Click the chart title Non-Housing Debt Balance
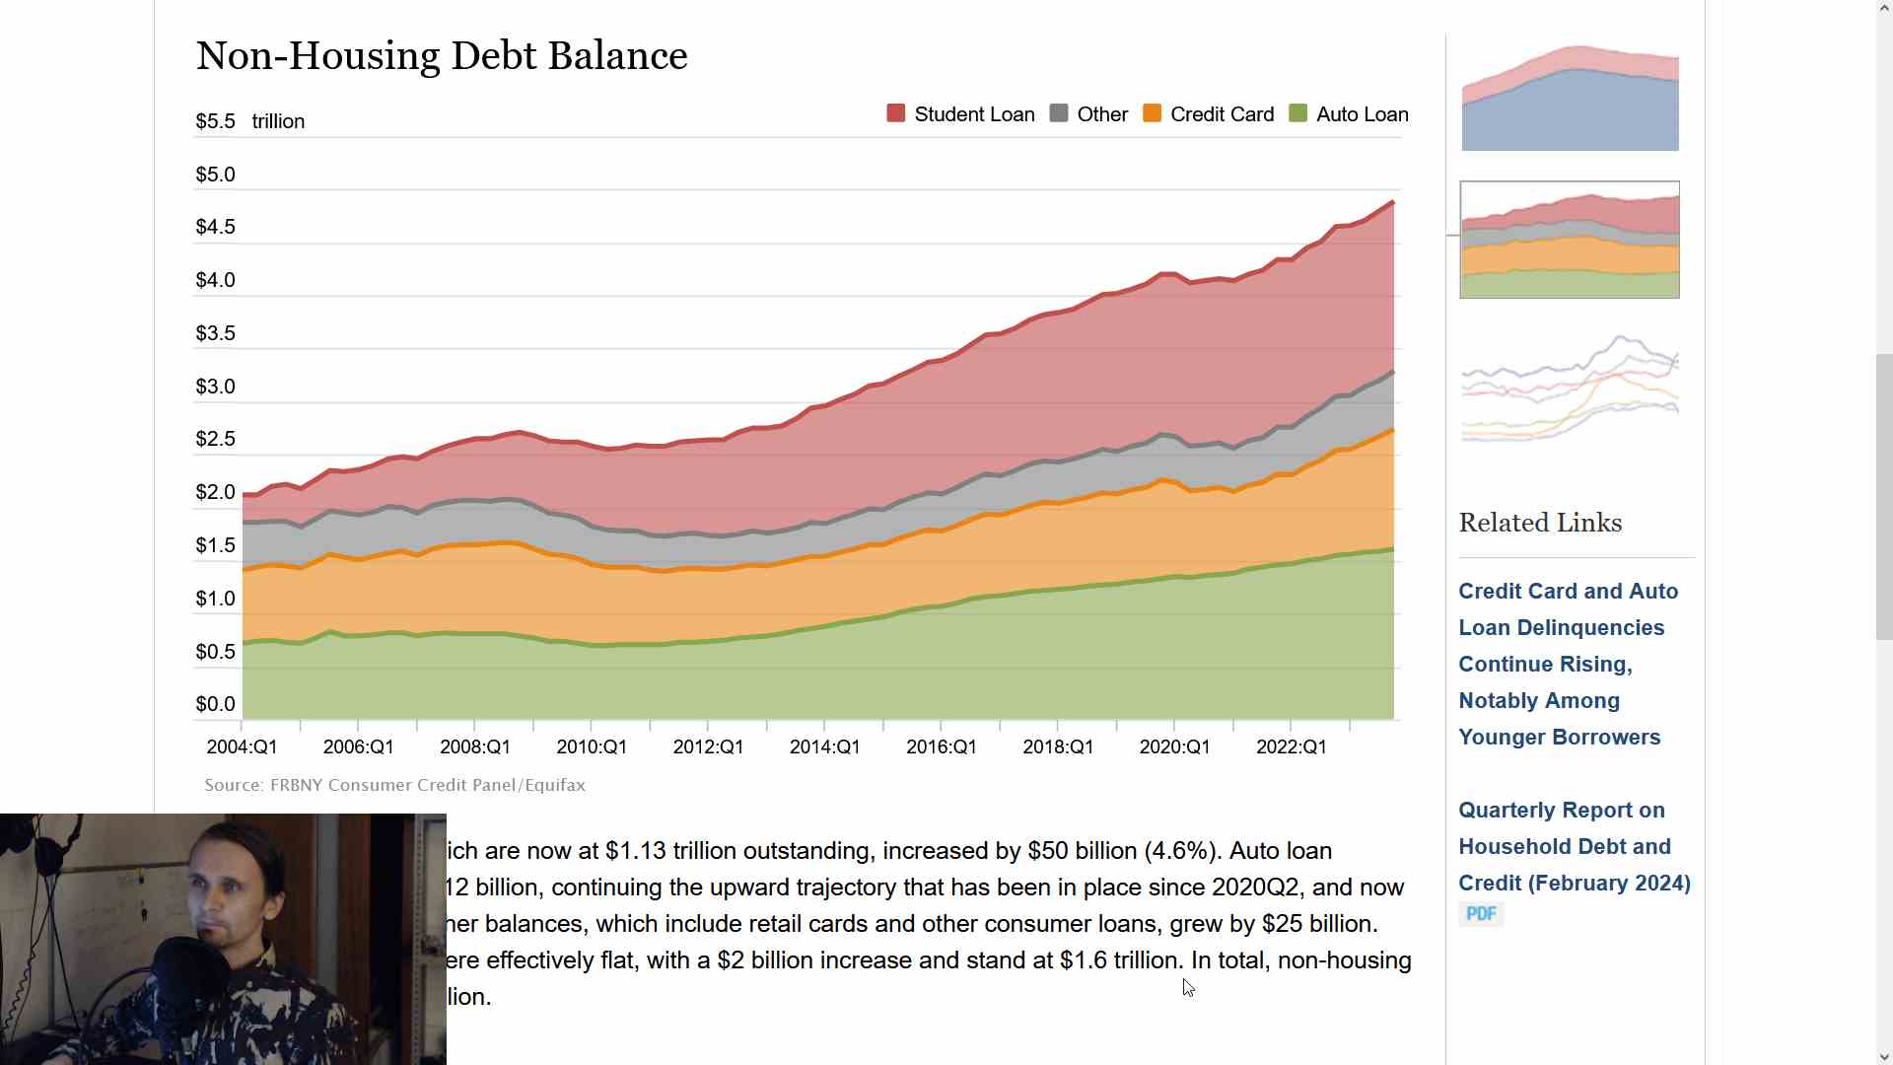(442, 56)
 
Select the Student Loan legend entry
(960, 114)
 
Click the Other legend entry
(1088, 114)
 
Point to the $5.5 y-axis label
(215, 121)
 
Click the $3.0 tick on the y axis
(215, 387)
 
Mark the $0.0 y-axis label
(215, 704)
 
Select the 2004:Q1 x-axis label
(242, 747)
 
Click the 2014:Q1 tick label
(824, 747)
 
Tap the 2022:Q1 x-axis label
(1291, 747)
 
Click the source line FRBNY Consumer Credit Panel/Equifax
(394, 785)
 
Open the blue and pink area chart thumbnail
(1570, 98)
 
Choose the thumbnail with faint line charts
(1570, 390)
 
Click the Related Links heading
(1540, 523)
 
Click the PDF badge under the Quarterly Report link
(1481, 914)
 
